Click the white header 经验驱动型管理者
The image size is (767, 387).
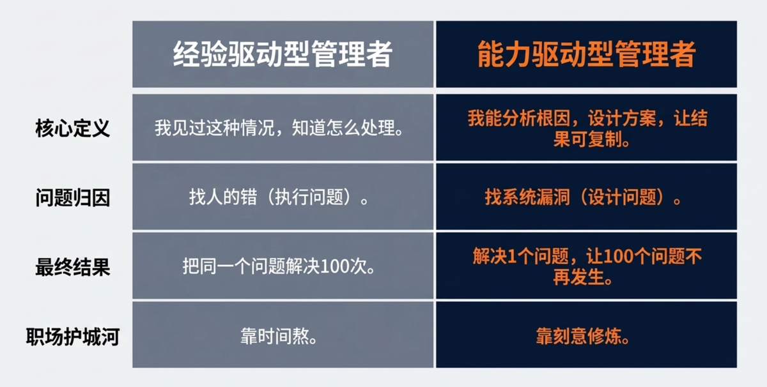coord(283,54)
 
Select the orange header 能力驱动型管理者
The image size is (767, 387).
coord(586,54)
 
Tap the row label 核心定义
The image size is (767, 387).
coord(73,128)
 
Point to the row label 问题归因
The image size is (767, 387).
coord(73,197)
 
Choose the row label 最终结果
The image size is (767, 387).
coord(73,267)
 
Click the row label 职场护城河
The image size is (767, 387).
coord(73,337)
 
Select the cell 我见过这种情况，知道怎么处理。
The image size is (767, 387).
coord(279,128)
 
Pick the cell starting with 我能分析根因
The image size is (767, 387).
coord(587,128)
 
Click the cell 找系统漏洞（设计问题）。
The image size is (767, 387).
coord(583,197)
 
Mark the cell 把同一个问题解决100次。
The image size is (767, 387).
coord(279,266)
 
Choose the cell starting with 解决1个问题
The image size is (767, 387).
coord(587,266)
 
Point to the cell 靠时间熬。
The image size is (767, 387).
coord(279,336)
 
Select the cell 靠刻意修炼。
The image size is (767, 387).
coord(583,336)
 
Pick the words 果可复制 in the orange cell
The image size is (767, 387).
coord(587,139)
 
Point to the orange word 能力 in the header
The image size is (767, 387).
coord(504,54)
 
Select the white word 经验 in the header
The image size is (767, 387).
coord(200,54)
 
